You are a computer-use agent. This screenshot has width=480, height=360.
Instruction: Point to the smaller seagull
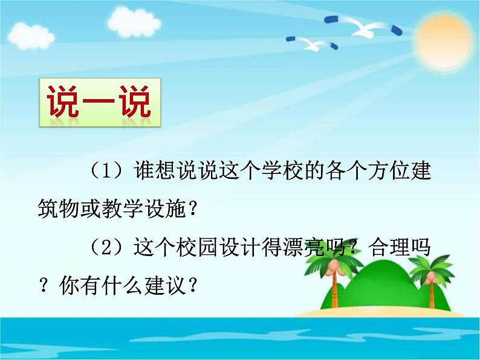click(315, 43)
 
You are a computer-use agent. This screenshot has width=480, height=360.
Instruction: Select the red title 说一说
click(100, 101)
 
